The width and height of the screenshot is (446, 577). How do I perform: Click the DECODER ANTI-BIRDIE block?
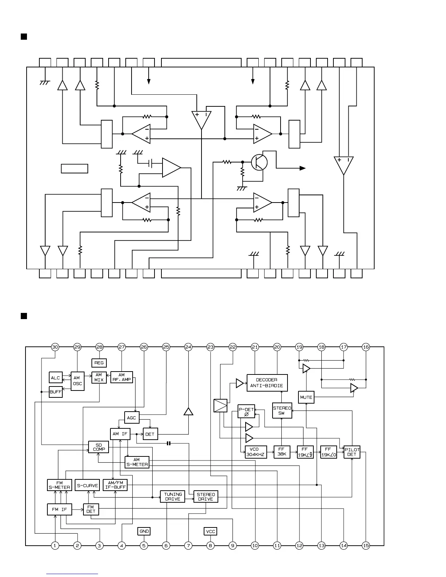(x=267, y=382)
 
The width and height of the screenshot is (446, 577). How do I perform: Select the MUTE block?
(x=306, y=397)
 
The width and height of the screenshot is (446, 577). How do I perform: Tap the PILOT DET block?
(x=352, y=452)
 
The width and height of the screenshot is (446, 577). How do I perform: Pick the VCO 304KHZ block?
(x=256, y=452)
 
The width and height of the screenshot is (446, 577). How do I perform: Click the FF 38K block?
(x=282, y=452)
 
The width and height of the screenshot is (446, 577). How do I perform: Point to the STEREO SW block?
(x=282, y=411)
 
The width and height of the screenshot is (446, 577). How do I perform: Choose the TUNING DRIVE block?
(x=173, y=496)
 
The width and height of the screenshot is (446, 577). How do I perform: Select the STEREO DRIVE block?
(x=206, y=496)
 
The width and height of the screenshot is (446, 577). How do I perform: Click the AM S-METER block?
(x=137, y=462)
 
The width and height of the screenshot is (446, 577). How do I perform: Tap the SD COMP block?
(x=99, y=447)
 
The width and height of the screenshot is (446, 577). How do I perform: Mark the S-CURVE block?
(x=87, y=486)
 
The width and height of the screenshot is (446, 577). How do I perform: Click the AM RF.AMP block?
(x=122, y=377)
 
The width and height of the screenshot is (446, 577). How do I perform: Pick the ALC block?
(x=55, y=378)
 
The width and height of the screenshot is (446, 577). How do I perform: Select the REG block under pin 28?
(x=99, y=363)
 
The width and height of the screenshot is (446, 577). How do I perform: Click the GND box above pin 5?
(x=144, y=531)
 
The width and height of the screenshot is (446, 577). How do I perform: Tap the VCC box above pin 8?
(x=211, y=531)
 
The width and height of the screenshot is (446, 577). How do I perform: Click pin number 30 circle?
(x=55, y=347)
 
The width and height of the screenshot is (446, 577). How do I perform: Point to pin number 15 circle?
(x=366, y=545)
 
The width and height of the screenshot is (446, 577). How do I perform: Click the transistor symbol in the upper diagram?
(x=259, y=162)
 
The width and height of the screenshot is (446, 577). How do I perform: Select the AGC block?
(x=132, y=417)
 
